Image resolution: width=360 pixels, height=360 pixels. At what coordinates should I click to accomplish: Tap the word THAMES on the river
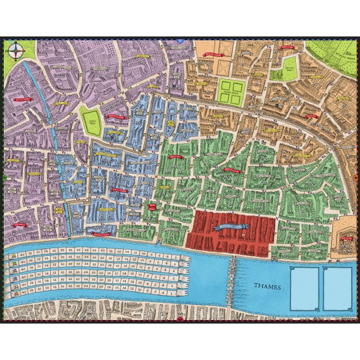(x=267, y=286)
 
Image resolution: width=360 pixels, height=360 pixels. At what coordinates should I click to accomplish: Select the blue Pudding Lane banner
(x=230, y=227)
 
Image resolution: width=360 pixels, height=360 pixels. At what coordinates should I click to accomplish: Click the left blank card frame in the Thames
(x=304, y=288)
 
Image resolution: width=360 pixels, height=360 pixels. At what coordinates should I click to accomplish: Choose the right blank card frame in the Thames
(x=337, y=288)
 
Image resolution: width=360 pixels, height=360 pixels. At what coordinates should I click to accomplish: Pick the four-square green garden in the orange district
(x=231, y=90)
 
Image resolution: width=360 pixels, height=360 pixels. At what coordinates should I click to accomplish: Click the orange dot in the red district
(x=243, y=235)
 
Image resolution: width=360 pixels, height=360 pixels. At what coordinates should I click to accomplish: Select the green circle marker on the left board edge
(x=4, y=178)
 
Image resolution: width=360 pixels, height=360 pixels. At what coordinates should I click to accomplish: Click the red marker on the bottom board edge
(x=180, y=319)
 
